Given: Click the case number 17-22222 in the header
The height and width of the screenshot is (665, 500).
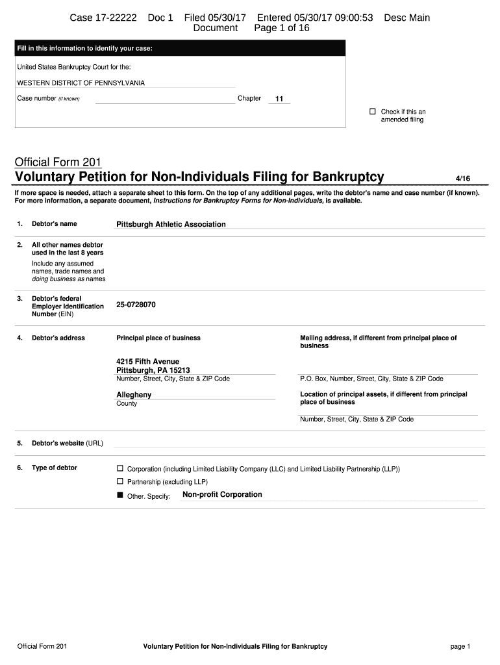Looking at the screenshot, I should coord(114,18).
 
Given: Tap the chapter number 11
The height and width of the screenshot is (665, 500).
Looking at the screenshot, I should coord(279,99).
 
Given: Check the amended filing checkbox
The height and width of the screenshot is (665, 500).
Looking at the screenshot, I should coord(373,112).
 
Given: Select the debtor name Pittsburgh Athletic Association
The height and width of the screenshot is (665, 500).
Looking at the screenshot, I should coord(171,224).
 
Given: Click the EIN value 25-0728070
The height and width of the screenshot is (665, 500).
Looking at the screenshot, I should coord(136,305).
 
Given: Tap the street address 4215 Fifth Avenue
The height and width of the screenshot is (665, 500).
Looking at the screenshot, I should coord(147,362).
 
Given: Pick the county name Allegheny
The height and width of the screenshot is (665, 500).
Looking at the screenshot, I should coord(134,395).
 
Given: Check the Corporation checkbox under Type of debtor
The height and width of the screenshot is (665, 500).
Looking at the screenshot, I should coord(119,468).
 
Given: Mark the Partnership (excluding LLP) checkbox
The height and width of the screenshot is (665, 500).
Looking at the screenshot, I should coord(119,481).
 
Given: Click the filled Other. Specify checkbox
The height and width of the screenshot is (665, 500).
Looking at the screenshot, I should coord(119,496).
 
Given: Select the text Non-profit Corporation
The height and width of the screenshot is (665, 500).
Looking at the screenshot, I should coord(222,495).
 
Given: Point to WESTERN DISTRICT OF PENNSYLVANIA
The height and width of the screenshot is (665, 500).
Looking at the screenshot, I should coord(81,83).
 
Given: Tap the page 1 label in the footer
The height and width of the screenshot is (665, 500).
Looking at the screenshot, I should coord(459,646).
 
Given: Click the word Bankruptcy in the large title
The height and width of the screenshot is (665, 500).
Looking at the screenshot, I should coord(348,177).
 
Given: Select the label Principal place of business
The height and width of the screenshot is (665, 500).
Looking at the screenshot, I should coord(158,338).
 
